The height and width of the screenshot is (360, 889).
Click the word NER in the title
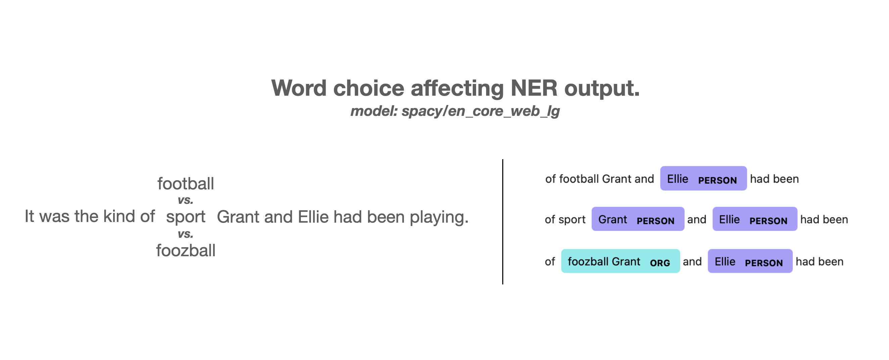533,88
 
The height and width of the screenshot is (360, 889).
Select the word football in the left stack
186,183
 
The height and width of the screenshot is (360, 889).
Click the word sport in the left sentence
186,217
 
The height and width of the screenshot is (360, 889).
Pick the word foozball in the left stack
186,250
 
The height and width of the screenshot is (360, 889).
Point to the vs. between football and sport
186,200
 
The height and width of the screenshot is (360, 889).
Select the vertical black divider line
503,222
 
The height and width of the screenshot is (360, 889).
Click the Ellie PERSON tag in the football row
703,178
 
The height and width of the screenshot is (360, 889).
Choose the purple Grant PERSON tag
638,219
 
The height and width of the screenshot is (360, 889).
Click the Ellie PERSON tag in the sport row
755,219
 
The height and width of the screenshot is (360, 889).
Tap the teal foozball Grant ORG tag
620,261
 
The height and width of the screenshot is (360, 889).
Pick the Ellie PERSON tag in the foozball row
750,261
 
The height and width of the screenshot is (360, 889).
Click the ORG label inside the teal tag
660,263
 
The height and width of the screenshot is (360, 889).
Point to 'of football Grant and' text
600,179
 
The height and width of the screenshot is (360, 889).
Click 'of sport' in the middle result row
565,220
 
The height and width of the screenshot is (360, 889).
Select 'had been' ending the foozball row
819,262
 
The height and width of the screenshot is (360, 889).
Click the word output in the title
602,88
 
